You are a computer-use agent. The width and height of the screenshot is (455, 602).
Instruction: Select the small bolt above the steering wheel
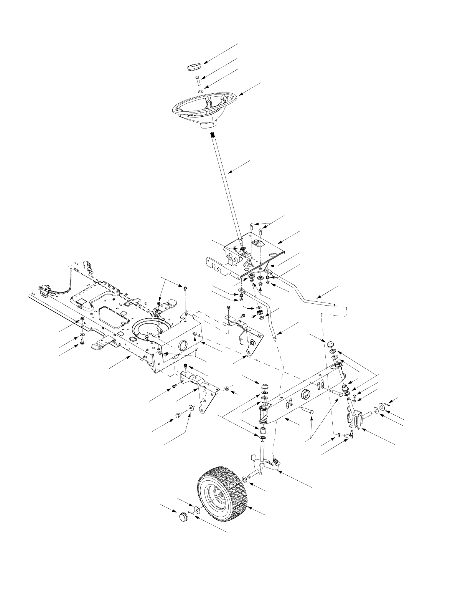pyautogui.click(x=198, y=81)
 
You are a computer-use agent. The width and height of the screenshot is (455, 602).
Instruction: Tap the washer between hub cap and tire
pyautogui.click(x=197, y=510)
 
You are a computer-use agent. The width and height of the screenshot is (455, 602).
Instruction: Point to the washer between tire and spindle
pyautogui.click(x=245, y=480)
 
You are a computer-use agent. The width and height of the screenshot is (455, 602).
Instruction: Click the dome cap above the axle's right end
pyautogui.click(x=330, y=343)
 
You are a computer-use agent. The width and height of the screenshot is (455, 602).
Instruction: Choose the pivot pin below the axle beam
pyautogui.click(x=307, y=412)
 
